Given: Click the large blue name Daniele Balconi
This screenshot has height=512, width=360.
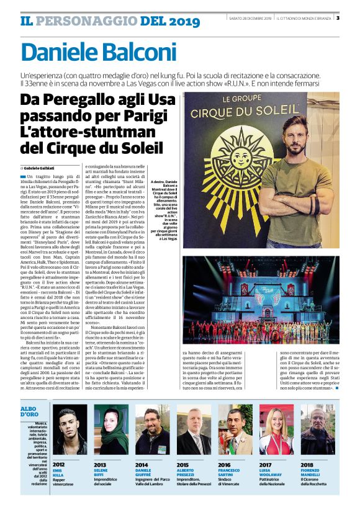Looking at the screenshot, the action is coord(99,53).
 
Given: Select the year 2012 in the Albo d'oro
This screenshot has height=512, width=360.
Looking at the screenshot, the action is coord(59,447).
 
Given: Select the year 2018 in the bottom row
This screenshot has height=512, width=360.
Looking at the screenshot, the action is coord(307,447).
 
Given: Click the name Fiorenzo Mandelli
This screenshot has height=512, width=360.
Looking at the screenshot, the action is coord(313,456).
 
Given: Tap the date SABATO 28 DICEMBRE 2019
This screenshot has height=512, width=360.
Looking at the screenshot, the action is coord(251,18).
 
